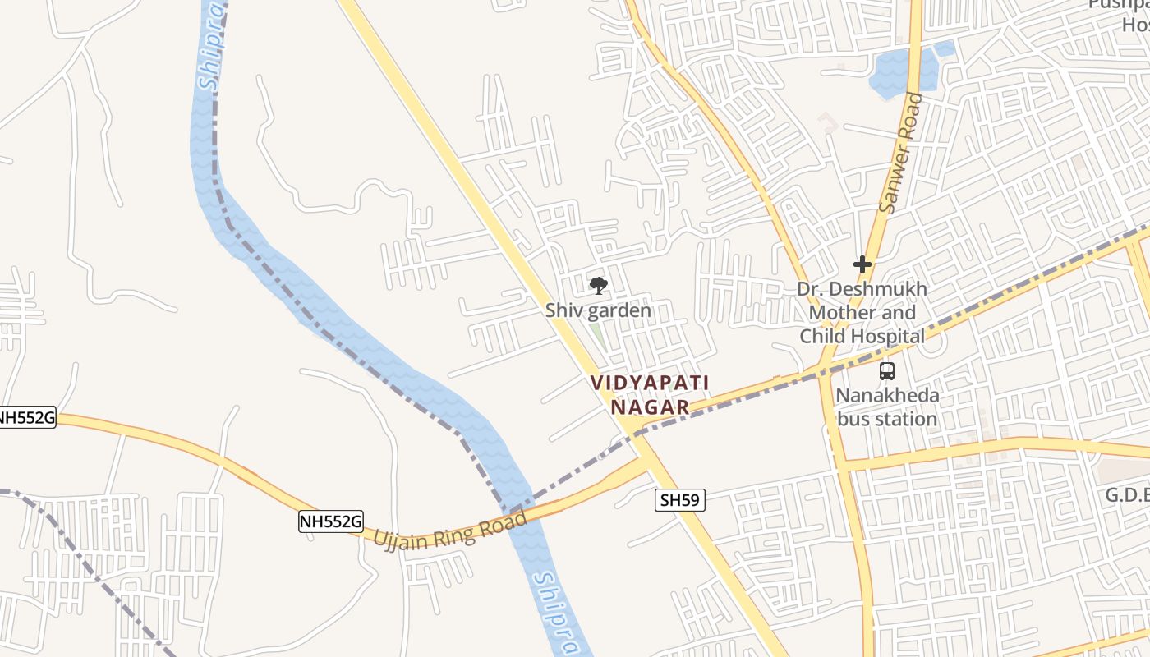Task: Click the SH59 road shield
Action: pos(680,499)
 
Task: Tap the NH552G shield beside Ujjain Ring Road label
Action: pos(330,521)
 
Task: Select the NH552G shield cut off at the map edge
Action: pos(27,418)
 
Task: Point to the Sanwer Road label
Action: pos(900,154)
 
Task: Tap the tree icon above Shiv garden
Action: pos(599,286)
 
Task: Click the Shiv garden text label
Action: pos(598,310)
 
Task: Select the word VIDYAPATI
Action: pos(649,383)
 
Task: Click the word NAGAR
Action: pos(650,407)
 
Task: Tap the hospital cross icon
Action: pos(862,264)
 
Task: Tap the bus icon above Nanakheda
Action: pos(887,370)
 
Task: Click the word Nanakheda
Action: pos(887,396)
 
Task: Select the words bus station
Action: pos(887,419)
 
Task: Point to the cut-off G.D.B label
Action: pos(1126,495)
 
